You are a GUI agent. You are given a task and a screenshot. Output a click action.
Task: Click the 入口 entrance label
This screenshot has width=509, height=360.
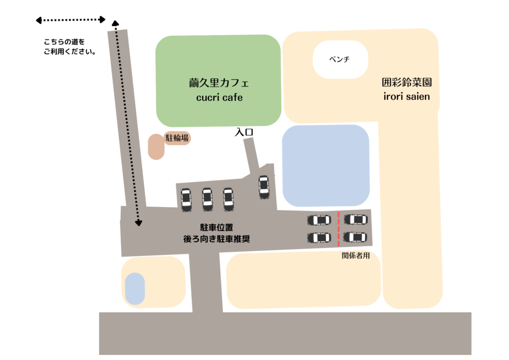click(x=244, y=132)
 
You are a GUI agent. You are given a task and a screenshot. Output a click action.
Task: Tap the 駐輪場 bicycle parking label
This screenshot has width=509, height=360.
click(x=177, y=138)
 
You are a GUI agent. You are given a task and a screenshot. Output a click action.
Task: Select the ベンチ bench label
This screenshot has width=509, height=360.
click(x=339, y=59)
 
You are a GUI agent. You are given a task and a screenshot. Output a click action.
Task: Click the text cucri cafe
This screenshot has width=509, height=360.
click(x=219, y=97)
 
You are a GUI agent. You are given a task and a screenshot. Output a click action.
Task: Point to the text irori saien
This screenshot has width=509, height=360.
click(x=407, y=96)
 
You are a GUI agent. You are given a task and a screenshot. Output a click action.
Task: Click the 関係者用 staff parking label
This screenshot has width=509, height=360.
click(x=356, y=256)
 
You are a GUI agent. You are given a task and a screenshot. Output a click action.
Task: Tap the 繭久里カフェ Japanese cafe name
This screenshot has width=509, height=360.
click(x=219, y=83)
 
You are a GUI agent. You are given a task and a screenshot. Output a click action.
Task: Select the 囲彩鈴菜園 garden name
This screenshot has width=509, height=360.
click(x=407, y=82)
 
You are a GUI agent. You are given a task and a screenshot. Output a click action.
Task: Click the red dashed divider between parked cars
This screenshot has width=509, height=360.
click(x=339, y=229)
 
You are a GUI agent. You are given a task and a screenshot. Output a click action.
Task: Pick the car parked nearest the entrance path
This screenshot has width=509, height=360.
click(x=264, y=187)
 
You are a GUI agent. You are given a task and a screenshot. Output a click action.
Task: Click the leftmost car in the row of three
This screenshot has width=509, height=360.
click(x=186, y=199)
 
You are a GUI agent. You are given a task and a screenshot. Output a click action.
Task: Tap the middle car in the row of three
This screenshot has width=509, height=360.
click(x=207, y=199)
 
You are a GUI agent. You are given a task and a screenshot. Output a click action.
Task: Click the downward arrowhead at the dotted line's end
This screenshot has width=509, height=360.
click(x=139, y=223)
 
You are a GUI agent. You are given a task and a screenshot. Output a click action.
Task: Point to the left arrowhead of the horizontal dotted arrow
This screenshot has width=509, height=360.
click(x=39, y=20)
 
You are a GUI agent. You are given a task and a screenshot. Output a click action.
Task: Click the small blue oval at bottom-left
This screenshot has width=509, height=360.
click(x=135, y=288)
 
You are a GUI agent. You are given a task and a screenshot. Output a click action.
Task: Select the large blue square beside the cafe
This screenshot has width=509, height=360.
click(x=326, y=166)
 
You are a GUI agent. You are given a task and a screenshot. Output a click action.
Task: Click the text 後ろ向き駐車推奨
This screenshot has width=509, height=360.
click(x=217, y=239)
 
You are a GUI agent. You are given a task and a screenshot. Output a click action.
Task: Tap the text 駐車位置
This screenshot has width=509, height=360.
click(x=217, y=227)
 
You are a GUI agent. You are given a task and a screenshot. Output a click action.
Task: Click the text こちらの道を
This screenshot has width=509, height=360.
click(x=64, y=42)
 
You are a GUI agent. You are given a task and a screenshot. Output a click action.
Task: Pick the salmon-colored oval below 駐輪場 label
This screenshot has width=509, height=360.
click(x=156, y=147)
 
